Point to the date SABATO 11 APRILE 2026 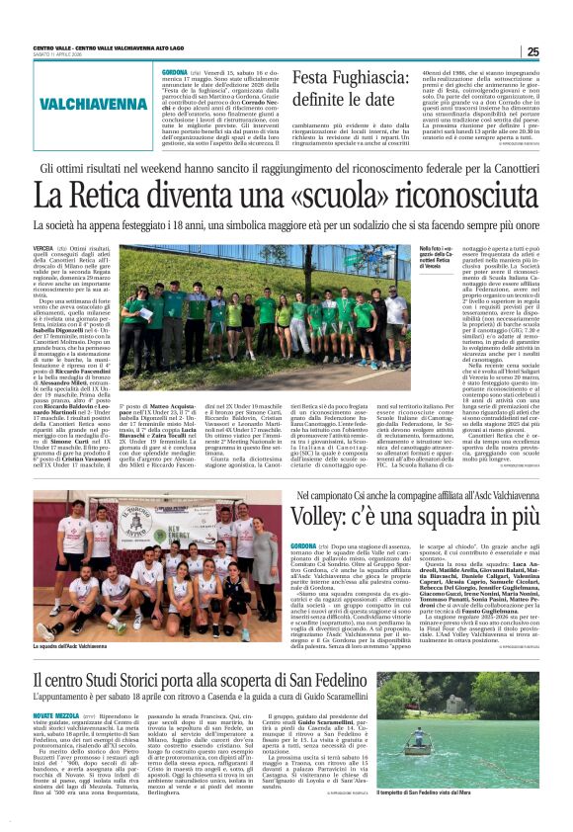61,55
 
